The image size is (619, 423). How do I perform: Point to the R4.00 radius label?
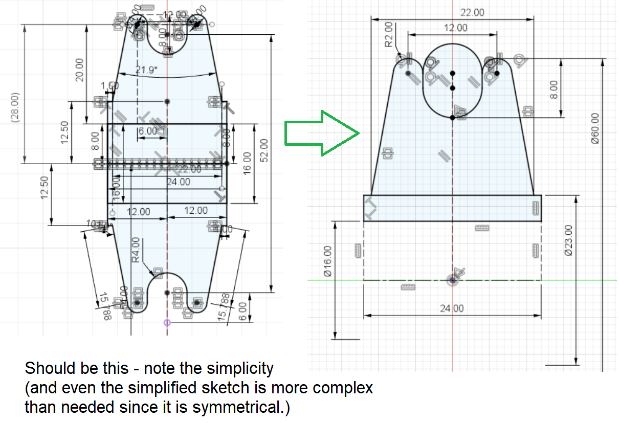[x=136, y=250]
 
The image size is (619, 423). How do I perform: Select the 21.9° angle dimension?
[x=147, y=70]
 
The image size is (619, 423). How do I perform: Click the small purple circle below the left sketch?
[x=166, y=322]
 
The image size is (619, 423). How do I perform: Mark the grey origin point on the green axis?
[x=453, y=280]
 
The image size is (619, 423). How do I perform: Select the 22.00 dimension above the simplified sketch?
[x=472, y=13]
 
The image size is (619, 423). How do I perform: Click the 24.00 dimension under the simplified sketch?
[x=453, y=308]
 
